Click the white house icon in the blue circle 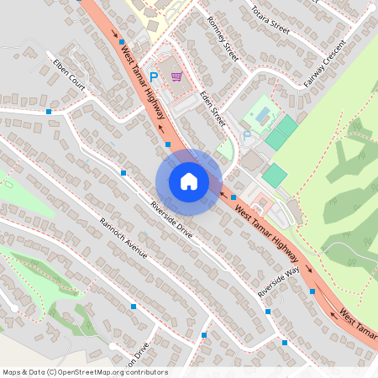pyautogui.click(x=189, y=181)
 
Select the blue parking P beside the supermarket pyautogui.click(x=153, y=77)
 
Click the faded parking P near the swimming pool pyautogui.click(x=246, y=134)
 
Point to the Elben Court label pyautogui.click(x=68, y=73)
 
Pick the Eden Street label pyautogui.click(x=213, y=109)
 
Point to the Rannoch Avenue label pyautogui.click(x=123, y=238)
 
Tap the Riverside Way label pyautogui.click(x=280, y=281)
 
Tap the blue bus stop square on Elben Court pyautogui.click(x=50, y=111)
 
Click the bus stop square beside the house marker pyautogui.click(x=169, y=144)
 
